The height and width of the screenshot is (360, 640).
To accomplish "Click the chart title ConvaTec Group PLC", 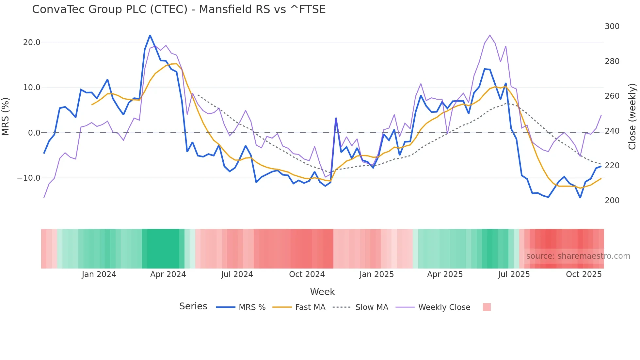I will pyautogui.click(x=179, y=9).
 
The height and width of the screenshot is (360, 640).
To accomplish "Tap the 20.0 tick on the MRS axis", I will pyautogui.click(x=31, y=42).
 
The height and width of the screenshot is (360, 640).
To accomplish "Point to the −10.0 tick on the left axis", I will pyautogui.click(x=29, y=178).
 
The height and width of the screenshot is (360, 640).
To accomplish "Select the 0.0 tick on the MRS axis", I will pyautogui.click(x=34, y=133).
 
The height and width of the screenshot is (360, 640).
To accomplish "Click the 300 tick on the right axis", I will pyautogui.click(x=612, y=26).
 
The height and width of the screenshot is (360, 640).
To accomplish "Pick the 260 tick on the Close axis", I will pyautogui.click(x=612, y=96).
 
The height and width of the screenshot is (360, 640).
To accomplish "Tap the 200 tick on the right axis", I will pyautogui.click(x=612, y=201).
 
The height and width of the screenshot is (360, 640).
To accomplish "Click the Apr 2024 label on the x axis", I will pyautogui.click(x=168, y=274).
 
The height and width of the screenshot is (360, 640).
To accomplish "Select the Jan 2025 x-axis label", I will pyautogui.click(x=376, y=274).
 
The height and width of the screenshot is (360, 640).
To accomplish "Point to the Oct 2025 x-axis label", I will pyautogui.click(x=584, y=274).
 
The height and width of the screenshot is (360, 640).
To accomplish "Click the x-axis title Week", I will pyautogui.click(x=322, y=292).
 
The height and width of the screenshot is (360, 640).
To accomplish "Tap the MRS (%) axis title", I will pyautogui.click(x=6, y=117).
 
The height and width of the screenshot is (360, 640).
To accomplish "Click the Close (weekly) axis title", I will pyautogui.click(x=632, y=117).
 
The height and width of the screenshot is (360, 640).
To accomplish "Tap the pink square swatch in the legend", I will pyautogui.click(x=487, y=307).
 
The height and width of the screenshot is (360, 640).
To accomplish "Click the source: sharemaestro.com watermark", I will pyautogui.click(x=578, y=256).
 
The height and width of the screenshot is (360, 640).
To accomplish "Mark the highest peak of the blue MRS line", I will pyautogui.click(x=150, y=35).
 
